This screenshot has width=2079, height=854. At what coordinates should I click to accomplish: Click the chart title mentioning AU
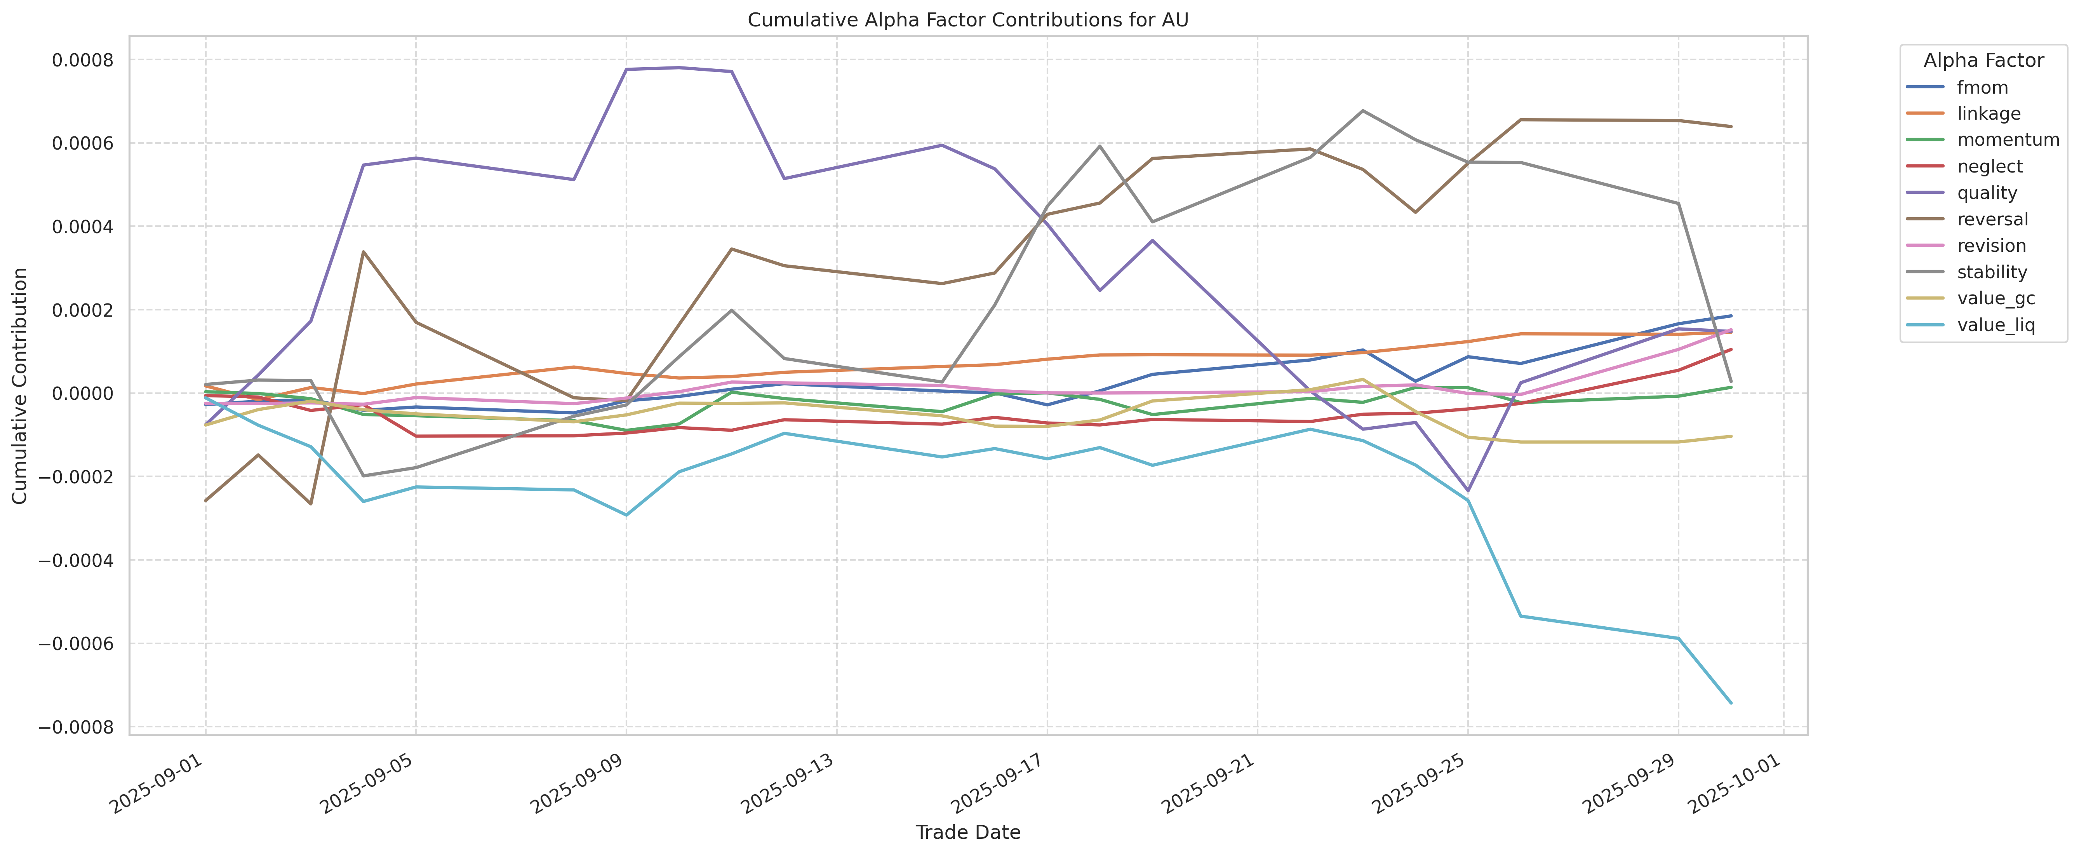pos(968,20)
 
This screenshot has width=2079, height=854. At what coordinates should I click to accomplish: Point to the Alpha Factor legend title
pos(1983,61)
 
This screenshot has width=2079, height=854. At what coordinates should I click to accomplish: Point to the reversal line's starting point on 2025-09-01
pos(206,500)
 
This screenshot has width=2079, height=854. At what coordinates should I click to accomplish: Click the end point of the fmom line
pos(1730,315)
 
